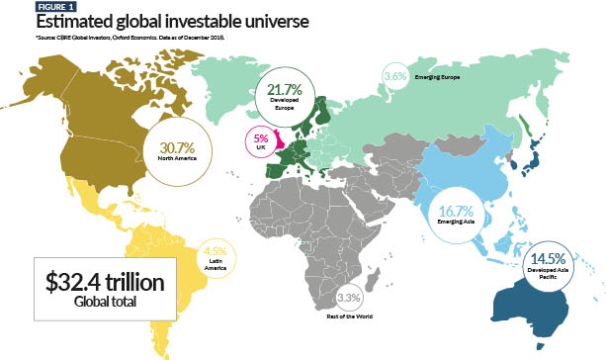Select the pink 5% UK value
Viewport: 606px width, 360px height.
(x=261, y=139)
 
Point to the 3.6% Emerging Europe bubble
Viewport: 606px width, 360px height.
(x=394, y=75)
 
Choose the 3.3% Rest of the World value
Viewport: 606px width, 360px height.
(x=348, y=297)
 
